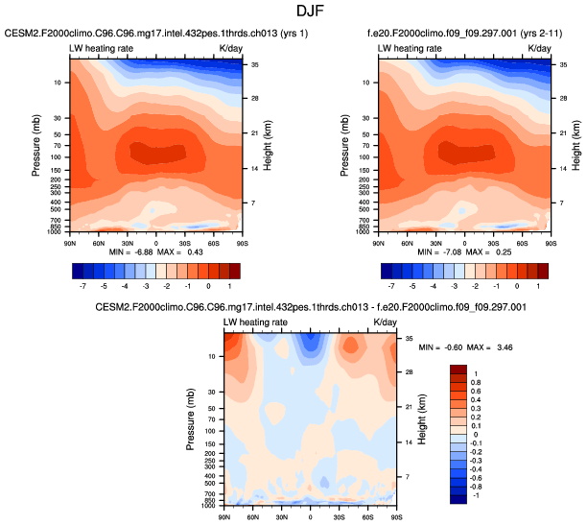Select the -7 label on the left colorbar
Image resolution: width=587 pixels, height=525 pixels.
pyautogui.click(x=82, y=286)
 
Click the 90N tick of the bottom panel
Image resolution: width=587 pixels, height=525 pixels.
pyautogui.click(x=223, y=518)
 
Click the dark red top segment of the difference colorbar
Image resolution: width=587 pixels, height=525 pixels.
pyautogui.click(x=458, y=369)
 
